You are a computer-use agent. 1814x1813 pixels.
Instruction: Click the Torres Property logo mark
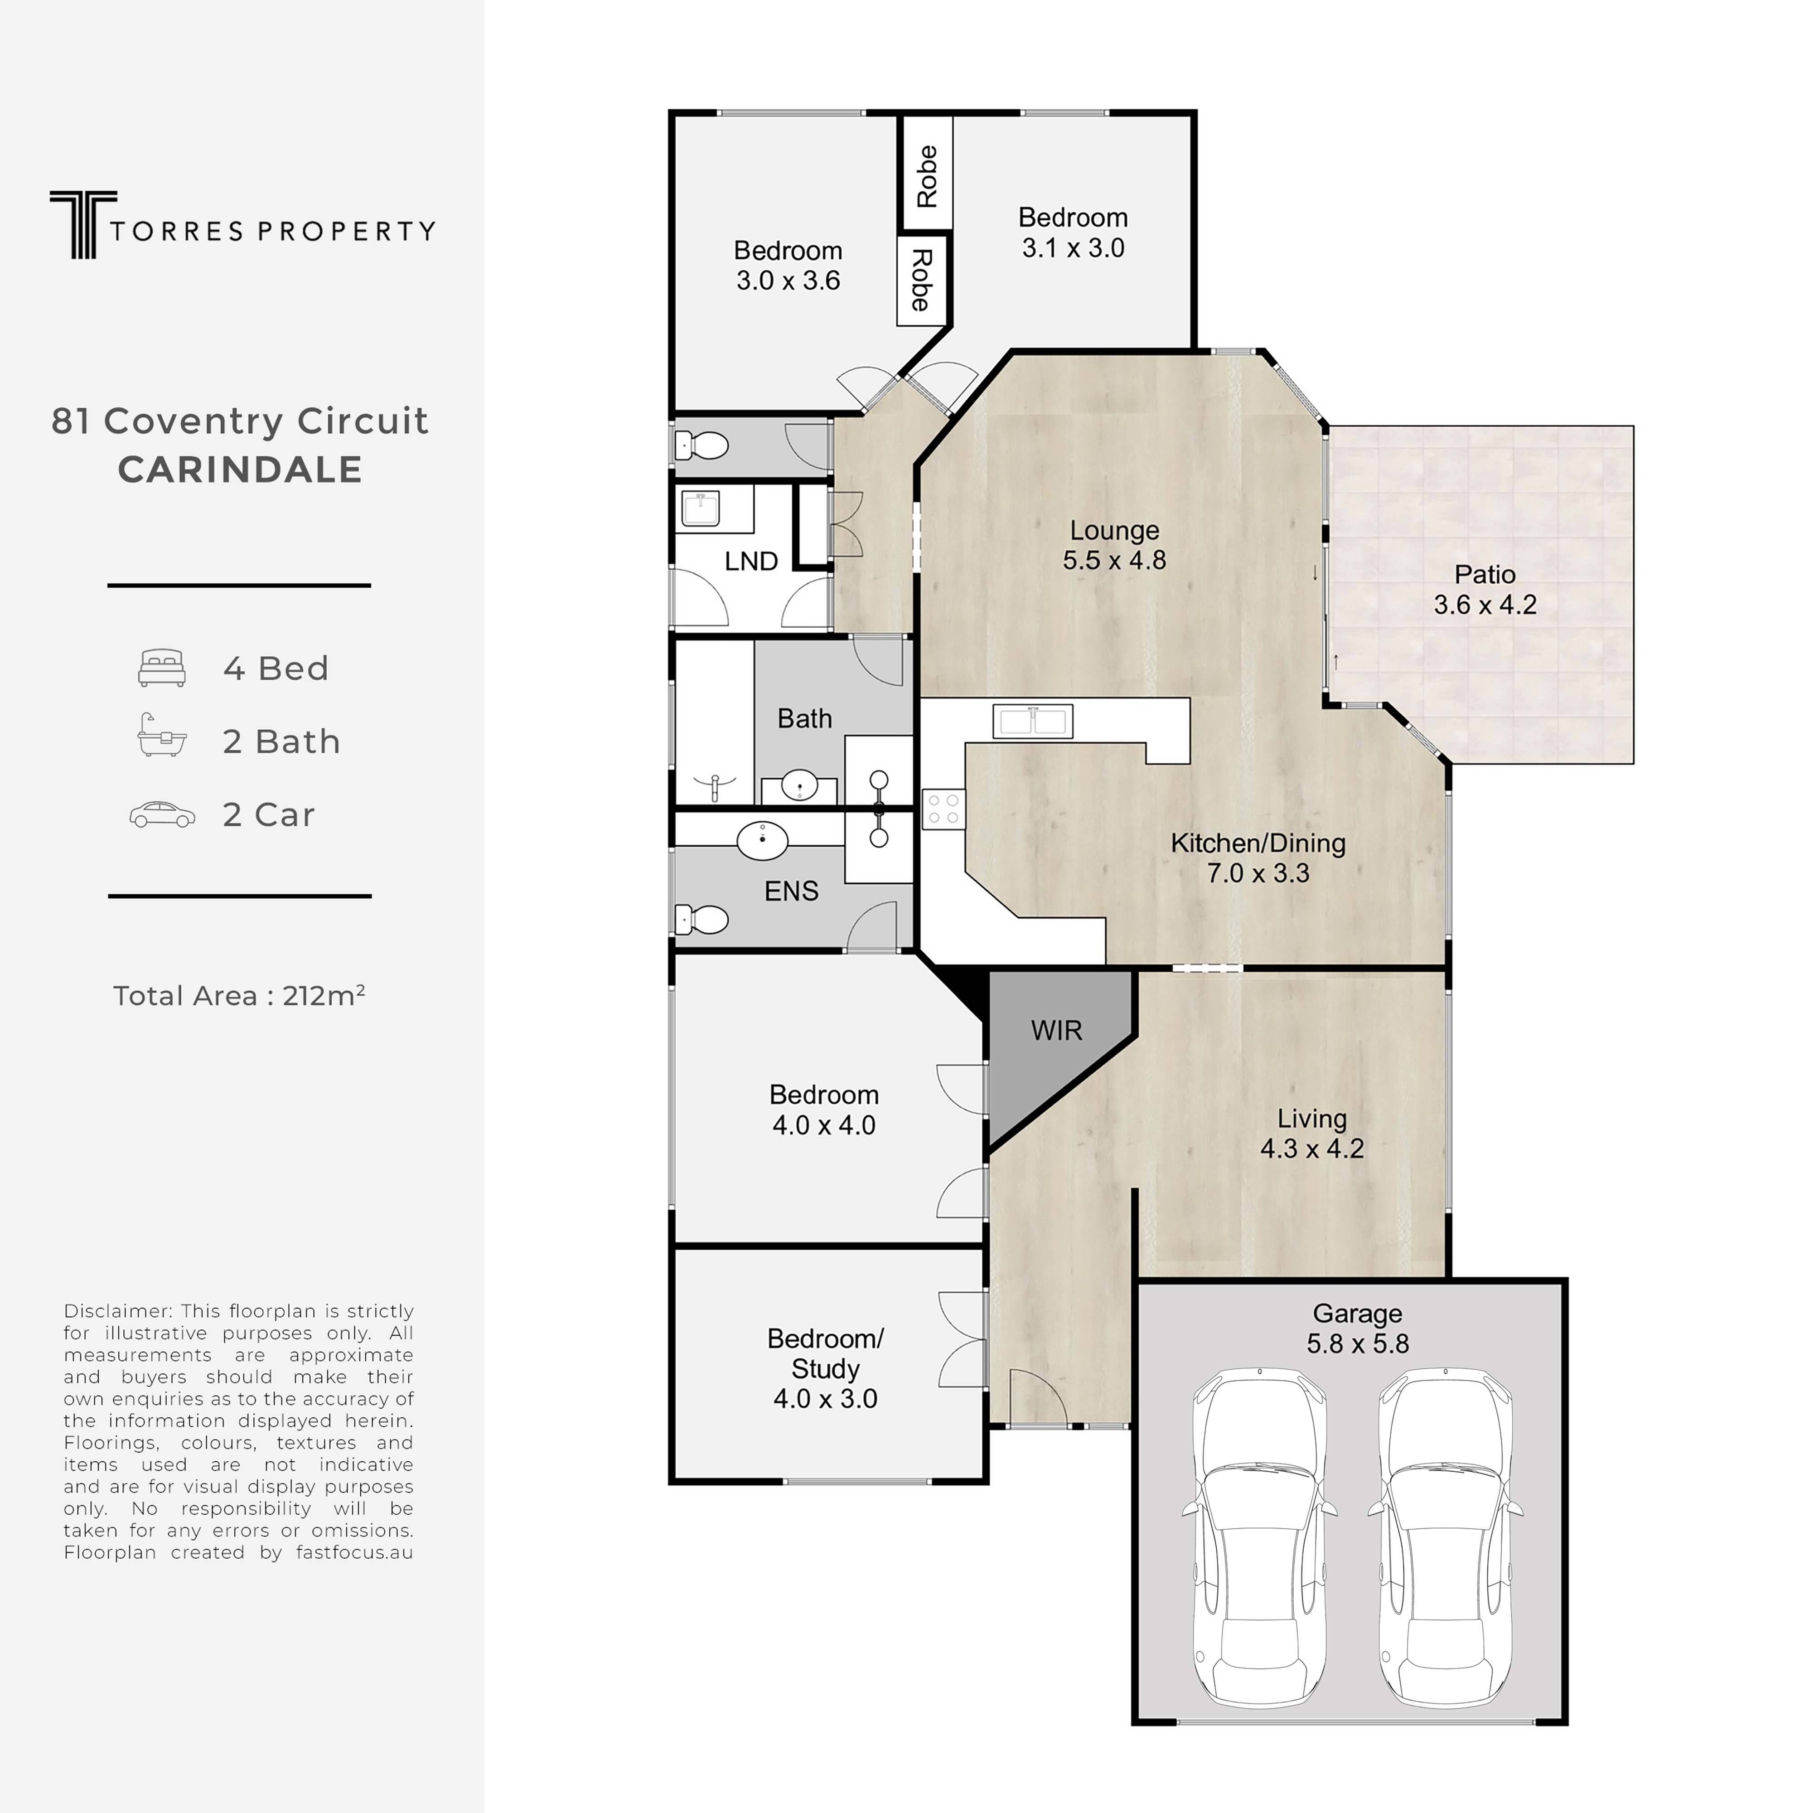[83, 224]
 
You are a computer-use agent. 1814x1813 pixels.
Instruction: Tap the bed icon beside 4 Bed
[161, 668]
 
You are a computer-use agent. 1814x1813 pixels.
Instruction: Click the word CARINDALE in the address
[240, 470]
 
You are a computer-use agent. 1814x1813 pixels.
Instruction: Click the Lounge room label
[1114, 530]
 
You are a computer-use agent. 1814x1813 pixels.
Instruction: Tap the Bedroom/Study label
[825, 1353]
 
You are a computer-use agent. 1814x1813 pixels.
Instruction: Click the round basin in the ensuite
[762, 840]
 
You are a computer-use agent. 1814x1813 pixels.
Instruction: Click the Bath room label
[805, 718]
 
